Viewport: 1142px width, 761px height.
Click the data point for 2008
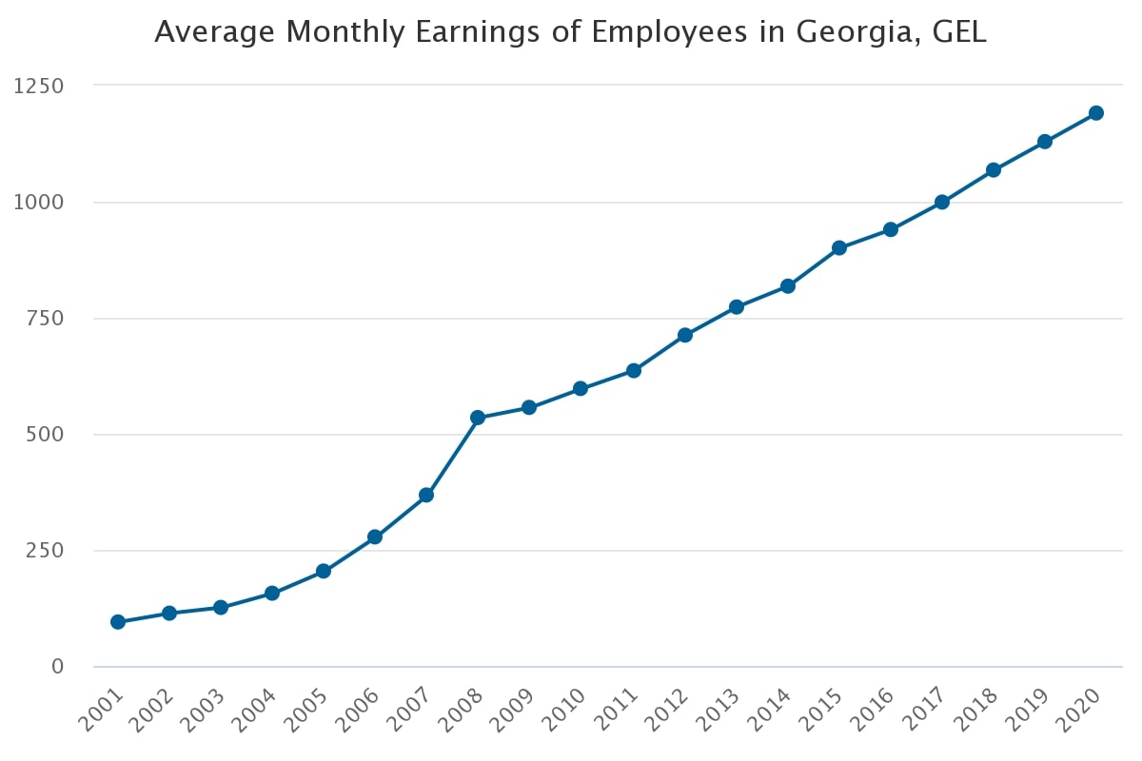[478, 418]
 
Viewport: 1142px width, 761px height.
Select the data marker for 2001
[118, 622]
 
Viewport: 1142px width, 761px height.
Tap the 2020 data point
[1095, 113]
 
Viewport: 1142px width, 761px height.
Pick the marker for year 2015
[839, 248]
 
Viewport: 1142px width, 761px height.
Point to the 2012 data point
[685, 335]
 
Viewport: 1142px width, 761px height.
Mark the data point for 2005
[324, 572]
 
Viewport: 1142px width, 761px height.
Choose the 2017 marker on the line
[942, 202]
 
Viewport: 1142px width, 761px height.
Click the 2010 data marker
[581, 389]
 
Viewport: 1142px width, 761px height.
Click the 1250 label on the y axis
[39, 87]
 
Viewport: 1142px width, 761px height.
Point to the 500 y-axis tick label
[45, 435]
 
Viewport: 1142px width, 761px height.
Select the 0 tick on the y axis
[57, 667]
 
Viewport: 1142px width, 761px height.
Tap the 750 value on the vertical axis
[45, 319]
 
